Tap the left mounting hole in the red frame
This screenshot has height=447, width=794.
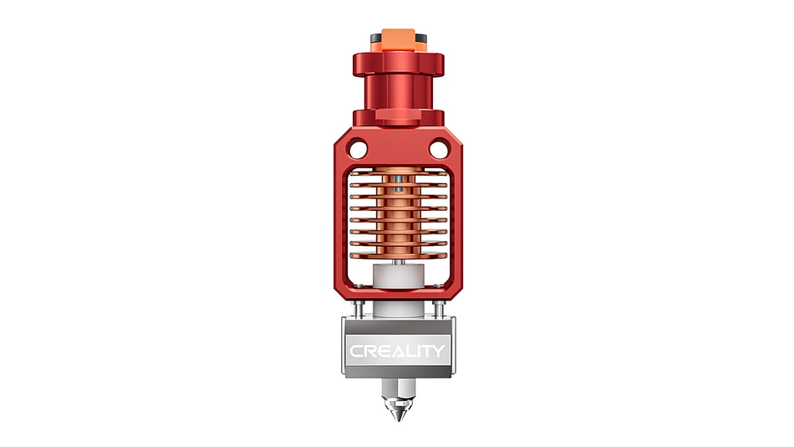pyautogui.click(x=358, y=150)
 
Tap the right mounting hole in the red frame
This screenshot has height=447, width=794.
pyautogui.click(x=439, y=150)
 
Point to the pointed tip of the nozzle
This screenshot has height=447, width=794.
pyautogui.click(x=399, y=419)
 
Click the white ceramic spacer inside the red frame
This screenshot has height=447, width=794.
pyautogui.click(x=398, y=276)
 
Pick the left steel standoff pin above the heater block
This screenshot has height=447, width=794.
pyautogui.click(x=359, y=310)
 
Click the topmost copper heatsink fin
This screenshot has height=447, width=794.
pyautogui.click(x=399, y=173)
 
